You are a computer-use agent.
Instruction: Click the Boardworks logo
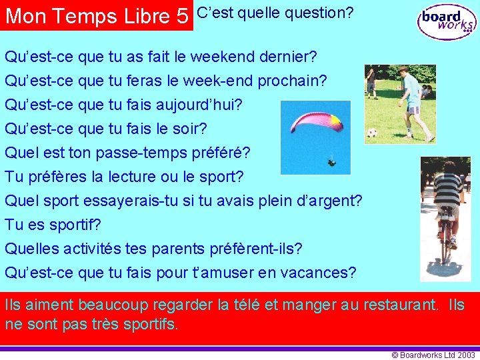(x=447, y=21)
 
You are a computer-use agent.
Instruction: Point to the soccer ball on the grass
(x=372, y=133)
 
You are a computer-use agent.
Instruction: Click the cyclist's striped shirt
(x=448, y=188)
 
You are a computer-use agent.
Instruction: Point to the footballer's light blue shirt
(x=411, y=89)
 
